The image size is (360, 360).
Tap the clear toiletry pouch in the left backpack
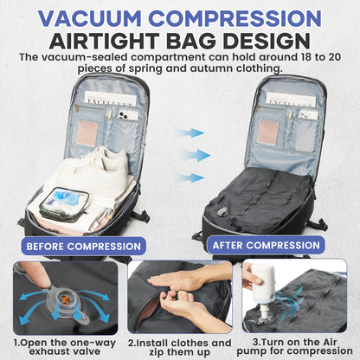63,209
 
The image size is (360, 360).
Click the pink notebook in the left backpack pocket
87,130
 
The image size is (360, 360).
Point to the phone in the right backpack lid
307,113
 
